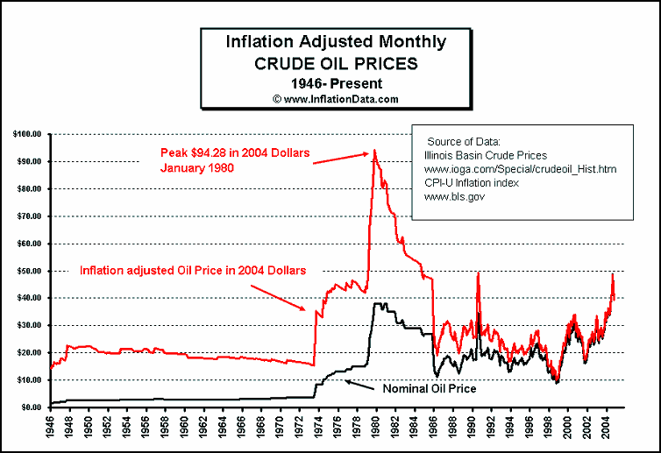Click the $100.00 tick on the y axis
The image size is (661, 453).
(26, 134)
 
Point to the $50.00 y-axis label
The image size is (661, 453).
(28, 271)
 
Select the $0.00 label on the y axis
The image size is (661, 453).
(30, 407)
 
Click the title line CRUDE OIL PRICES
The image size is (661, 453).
(336, 63)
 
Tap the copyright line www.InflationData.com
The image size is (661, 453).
(336, 99)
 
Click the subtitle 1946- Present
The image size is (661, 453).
(336, 83)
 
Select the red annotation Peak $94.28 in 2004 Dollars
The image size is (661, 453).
(234, 153)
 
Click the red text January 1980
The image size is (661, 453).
(195, 167)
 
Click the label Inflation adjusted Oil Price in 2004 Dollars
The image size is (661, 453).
(193, 271)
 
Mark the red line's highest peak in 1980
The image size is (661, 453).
(375, 150)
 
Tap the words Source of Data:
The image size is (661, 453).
(463, 141)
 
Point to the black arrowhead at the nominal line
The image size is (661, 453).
(347, 380)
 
